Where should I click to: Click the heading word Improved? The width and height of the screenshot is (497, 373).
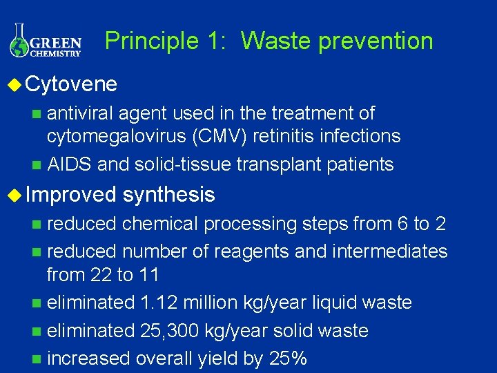(x=71, y=195)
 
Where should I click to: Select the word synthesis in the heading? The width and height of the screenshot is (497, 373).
(x=168, y=195)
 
